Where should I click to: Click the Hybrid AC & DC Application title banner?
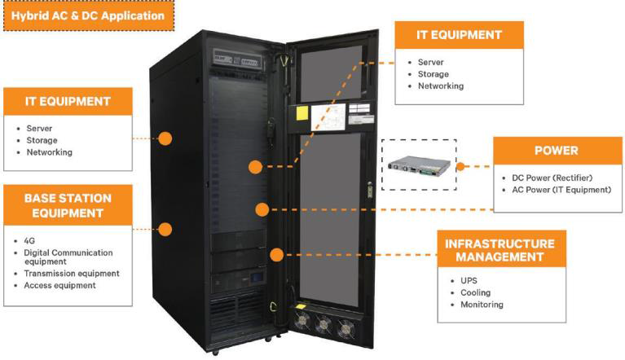click(x=83, y=15)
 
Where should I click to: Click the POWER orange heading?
click(x=556, y=151)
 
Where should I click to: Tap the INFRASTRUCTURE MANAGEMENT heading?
click(x=500, y=250)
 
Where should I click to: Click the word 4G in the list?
click(x=30, y=241)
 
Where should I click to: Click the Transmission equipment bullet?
click(x=71, y=274)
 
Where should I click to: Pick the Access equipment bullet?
click(x=59, y=286)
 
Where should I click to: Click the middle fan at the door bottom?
click(x=324, y=324)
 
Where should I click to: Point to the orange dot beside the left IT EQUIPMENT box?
click(x=165, y=138)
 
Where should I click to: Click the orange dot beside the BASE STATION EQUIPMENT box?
click(x=165, y=229)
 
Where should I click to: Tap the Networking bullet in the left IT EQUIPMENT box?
click(x=49, y=152)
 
